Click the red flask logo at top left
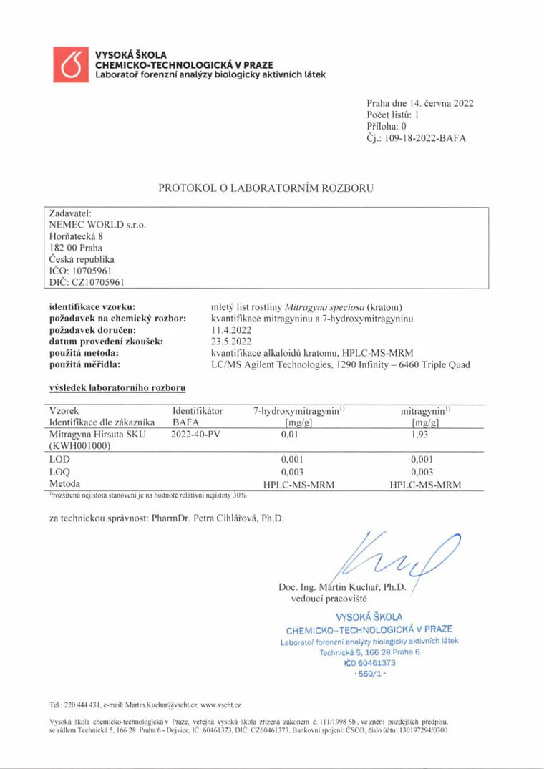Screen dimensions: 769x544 point(70,64)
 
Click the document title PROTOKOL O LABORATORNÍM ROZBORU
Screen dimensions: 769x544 point(266,188)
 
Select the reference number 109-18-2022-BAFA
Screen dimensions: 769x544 point(425,138)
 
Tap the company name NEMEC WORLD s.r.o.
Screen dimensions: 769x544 point(97,224)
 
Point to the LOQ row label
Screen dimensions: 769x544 point(59,472)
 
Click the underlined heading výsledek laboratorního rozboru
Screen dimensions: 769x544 point(117,388)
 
